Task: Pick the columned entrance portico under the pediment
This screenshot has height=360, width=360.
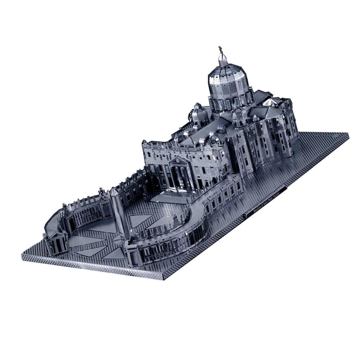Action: click(x=180, y=176)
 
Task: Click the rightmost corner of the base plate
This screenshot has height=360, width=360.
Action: click(x=348, y=134)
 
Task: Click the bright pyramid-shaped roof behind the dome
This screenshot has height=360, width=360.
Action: click(x=271, y=102)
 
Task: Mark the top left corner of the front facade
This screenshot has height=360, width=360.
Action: click(x=143, y=142)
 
